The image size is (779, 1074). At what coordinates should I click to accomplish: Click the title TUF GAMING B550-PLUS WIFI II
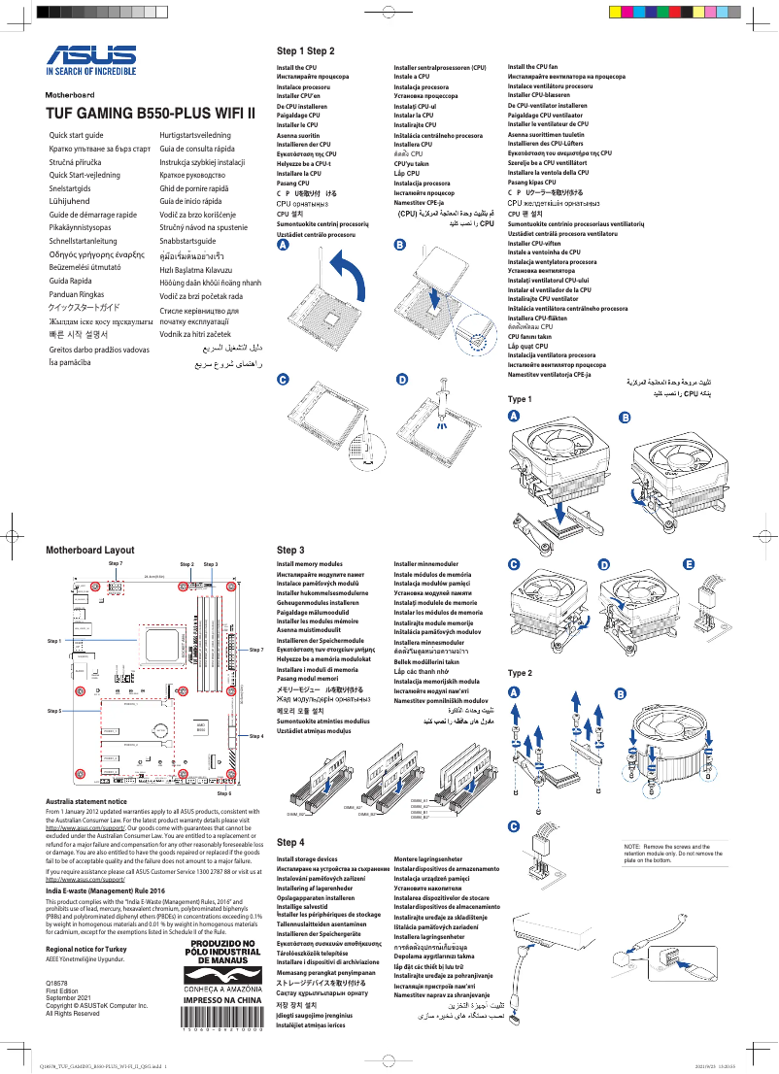tap(151, 114)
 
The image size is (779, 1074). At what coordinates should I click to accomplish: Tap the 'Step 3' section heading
tap(290, 550)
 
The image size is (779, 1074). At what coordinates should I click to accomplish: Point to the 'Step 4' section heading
tap(290, 842)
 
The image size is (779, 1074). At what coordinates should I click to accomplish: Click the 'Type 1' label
tap(521, 399)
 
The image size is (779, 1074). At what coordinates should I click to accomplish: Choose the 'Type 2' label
tap(521, 673)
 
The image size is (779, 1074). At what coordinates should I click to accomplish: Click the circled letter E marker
tap(689, 564)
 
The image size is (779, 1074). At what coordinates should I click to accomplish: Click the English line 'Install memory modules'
tap(309, 564)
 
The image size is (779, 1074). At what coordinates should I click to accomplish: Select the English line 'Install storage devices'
tap(307, 859)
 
